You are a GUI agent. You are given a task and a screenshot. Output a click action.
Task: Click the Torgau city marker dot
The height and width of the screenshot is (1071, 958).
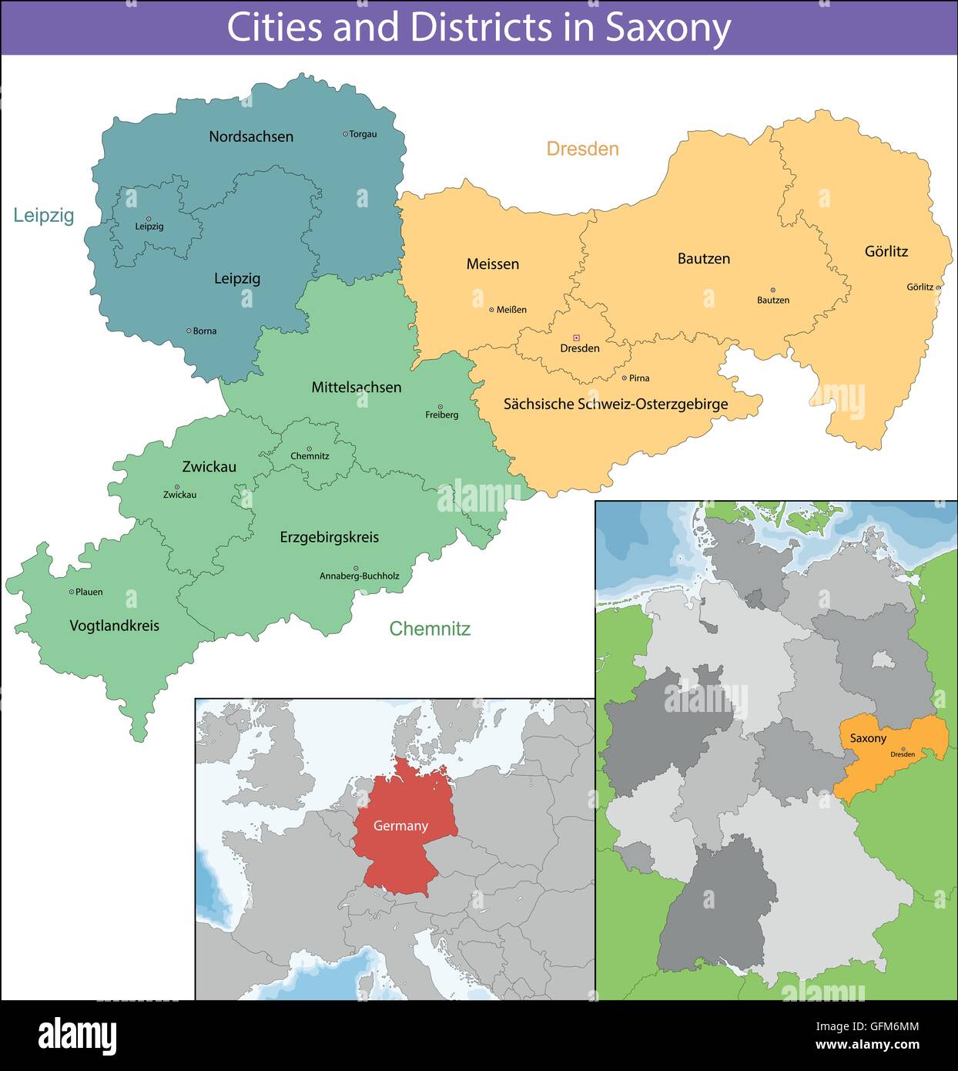click(x=345, y=134)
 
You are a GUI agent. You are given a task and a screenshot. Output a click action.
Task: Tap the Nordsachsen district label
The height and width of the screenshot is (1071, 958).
click(x=251, y=136)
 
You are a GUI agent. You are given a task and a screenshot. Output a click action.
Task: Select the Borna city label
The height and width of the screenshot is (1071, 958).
click(x=204, y=331)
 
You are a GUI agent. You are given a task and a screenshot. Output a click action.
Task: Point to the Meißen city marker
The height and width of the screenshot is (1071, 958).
click(x=491, y=310)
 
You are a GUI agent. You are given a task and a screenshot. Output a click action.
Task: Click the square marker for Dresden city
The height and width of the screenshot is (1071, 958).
click(x=576, y=337)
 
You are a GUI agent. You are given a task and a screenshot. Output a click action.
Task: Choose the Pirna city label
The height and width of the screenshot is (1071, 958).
click(x=639, y=378)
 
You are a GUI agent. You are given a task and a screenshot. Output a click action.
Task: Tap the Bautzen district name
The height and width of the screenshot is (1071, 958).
click(x=703, y=259)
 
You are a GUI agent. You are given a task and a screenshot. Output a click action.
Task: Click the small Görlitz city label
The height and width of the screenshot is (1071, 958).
click(x=919, y=287)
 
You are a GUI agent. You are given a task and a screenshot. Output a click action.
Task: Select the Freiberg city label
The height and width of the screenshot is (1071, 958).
click(x=441, y=415)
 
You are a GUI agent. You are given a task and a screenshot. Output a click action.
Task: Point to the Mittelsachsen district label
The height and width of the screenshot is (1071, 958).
click(x=356, y=388)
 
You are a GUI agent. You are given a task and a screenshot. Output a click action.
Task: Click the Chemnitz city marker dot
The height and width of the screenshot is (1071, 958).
click(x=310, y=448)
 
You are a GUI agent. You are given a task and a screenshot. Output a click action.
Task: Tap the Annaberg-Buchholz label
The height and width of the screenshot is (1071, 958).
click(x=360, y=576)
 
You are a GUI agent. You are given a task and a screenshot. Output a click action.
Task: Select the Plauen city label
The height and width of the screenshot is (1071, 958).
click(x=89, y=593)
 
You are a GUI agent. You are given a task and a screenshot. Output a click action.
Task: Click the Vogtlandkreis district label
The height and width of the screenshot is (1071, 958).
click(x=114, y=626)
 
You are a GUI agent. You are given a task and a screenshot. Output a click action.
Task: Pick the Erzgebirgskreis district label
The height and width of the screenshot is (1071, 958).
click(x=329, y=537)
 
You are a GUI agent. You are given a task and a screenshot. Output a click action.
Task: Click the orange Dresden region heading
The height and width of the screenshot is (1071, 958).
click(x=582, y=149)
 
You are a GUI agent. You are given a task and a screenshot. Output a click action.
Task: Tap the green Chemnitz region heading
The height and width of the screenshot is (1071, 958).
click(x=430, y=629)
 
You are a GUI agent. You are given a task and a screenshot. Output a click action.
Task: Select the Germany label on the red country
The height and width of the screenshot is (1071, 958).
click(x=400, y=826)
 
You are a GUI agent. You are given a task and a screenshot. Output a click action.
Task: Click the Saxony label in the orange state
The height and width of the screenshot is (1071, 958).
click(x=868, y=738)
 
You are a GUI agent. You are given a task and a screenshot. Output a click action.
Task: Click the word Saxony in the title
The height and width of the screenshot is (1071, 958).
click(x=667, y=28)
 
